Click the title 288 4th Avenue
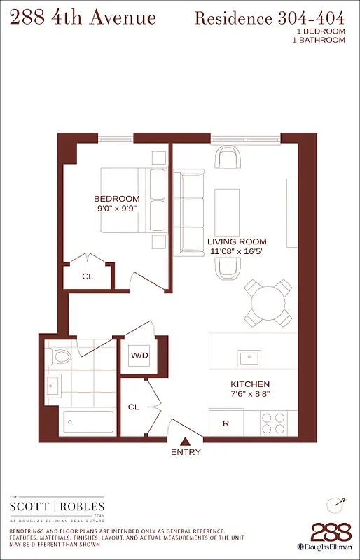[83, 17]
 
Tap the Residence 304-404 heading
[270, 18]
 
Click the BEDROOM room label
[117, 199]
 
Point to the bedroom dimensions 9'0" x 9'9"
[117, 209]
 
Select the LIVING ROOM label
[237, 242]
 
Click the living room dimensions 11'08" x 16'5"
[237, 252]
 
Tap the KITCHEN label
[250, 385]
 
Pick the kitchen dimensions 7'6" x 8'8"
[250, 395]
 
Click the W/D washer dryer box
[139, 356]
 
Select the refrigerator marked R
[226, 423]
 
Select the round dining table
[269, 303]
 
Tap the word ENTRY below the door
[186, 452]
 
